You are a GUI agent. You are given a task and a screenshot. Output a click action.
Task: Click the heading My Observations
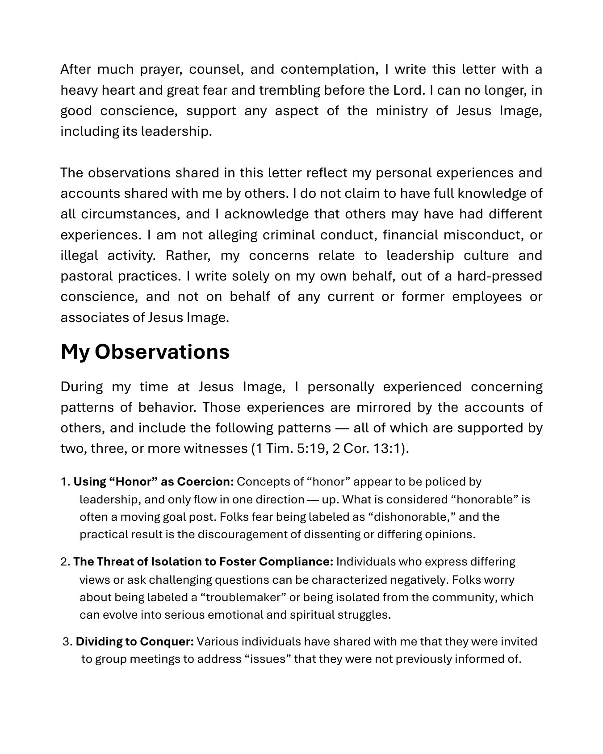145,352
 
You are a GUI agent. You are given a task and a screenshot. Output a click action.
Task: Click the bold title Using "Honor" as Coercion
154,482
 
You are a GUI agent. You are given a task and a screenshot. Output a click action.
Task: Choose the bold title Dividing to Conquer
134,642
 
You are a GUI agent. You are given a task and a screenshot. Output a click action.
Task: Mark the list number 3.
67,642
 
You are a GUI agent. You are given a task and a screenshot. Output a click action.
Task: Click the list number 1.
65,482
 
